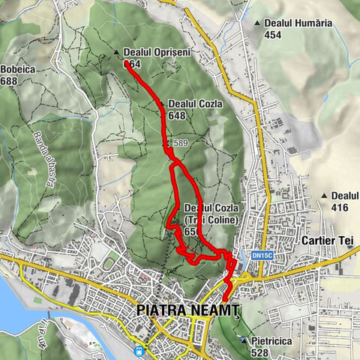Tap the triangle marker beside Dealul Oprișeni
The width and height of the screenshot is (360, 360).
tap(117, 52)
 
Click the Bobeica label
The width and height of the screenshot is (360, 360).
tap(18, 70)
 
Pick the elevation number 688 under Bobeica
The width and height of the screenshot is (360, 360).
tap(9, 81)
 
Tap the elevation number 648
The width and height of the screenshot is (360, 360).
tap(178, 115)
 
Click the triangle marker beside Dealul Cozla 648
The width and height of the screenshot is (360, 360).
tap(163, 104)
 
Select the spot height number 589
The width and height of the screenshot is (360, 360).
tap(180, 143)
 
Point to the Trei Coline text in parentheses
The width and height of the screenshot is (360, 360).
tap(211, 220)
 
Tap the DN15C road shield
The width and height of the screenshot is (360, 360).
tap(259, 256)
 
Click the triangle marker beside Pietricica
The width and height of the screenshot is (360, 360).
tap(244, 340)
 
